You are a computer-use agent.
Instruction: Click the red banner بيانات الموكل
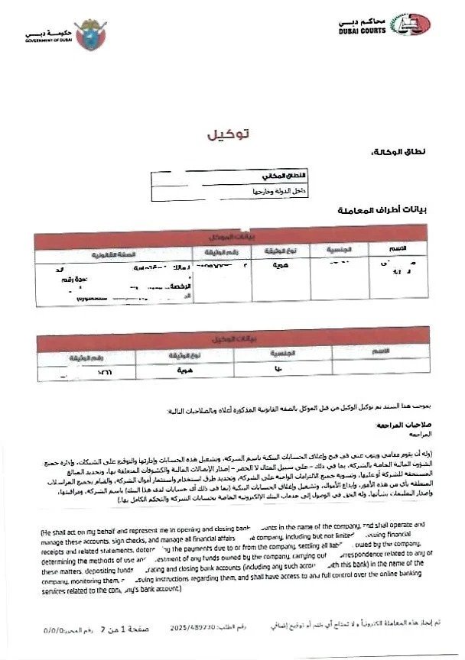click(226, 238)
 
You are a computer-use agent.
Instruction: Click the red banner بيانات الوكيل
click(226, 338)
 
